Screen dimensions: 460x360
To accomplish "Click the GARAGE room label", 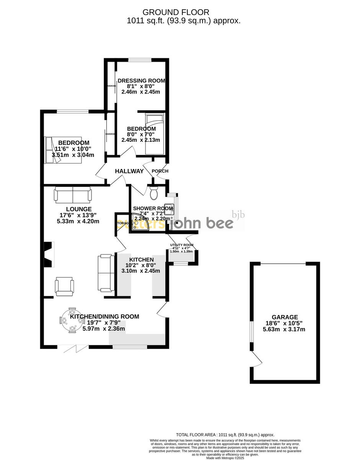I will click(285, 317).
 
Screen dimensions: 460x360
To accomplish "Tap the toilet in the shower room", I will click(154, 193).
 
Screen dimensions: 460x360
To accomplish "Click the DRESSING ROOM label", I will click(141, 80).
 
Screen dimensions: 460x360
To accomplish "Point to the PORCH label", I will click(160, 171).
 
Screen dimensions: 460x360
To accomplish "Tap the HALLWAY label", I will click(129, 171).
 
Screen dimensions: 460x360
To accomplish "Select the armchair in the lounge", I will click(64, 286).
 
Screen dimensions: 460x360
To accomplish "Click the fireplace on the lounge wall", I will click(48, 255).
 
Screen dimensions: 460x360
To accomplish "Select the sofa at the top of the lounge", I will click(73, 194).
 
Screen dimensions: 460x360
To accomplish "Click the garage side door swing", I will click(257, 360).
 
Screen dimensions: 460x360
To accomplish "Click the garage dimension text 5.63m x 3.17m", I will click(284, 329).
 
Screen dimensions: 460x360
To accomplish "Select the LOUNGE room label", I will click(79, 209).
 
